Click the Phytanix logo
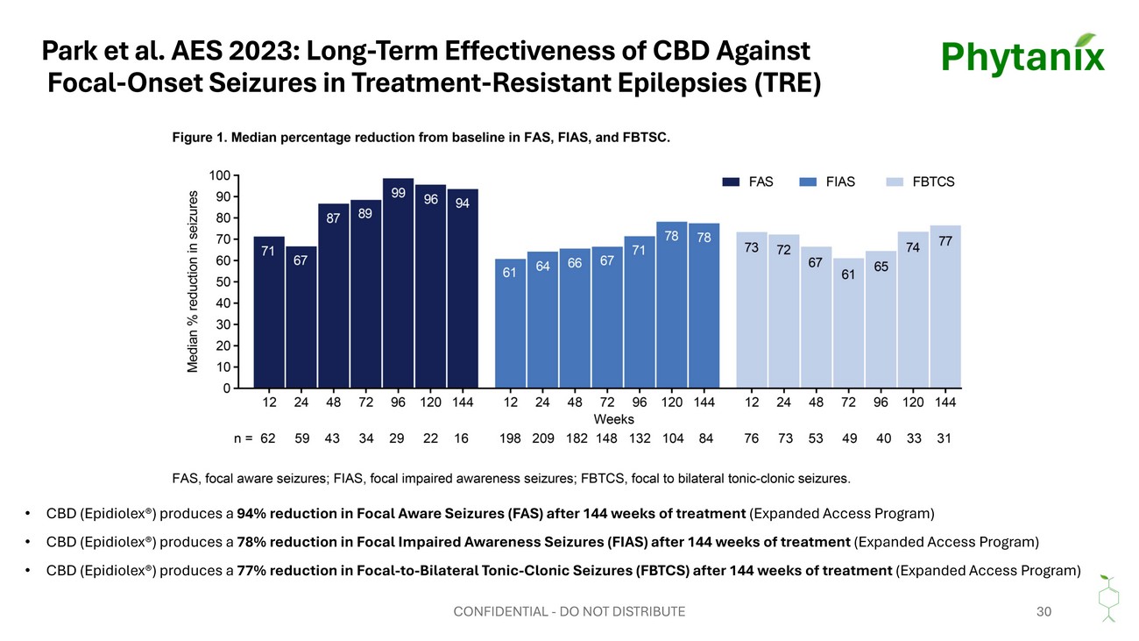click(x=1022, y=55)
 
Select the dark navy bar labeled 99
click(x=398, y=283)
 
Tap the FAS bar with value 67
click(x=301, y=317)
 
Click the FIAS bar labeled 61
click(x=511, y=324)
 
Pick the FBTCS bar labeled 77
click(x=945, y=307)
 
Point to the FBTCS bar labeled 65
click(x=881, y=319)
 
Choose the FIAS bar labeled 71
click(x=640, y=312)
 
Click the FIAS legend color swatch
click(x=808, y=182)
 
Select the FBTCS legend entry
click(x=920, y=182)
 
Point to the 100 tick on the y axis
click(x=220, y=175)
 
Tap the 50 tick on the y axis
click(x=223, y=281)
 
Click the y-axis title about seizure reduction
click(x=192, y=281)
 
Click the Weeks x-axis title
click(x=613, y=419)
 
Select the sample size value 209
click(x=543, y=438)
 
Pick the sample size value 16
click(x=461, y=438)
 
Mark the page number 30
click(x=1043, y=611)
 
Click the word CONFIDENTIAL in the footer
click(x=500, y=611)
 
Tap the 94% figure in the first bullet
click(x=251, y=514)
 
